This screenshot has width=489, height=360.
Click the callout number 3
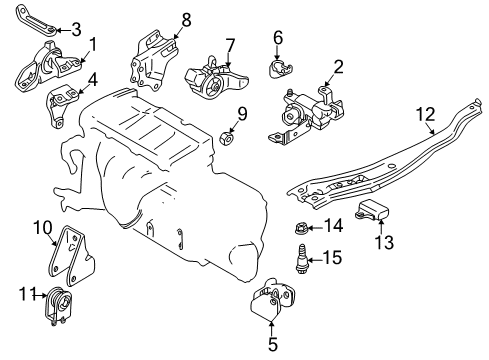click(x=76, y=30)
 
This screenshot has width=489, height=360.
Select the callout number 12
click(x=426, y=114)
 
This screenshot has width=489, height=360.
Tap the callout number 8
click(x=186, y=20)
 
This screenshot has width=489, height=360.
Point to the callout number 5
click(x=273, y=344)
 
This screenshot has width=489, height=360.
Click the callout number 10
click(x=43, y=228)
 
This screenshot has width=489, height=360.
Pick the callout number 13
click(x=384, y=242)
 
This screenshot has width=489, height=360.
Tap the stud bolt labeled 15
click(x=301, y=259)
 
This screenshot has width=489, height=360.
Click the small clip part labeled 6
click(x=280, y=68)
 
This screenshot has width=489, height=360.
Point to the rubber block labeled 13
click(x=373, y=210)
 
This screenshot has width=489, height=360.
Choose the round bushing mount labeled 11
click(x=59, y=306)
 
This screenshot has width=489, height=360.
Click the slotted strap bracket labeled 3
click(x=35, y=20)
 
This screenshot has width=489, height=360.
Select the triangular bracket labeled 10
click(x=71, y=255)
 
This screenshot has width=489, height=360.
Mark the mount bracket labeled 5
click(x=272, y=298)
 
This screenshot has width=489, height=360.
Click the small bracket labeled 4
click(x=61, y=105)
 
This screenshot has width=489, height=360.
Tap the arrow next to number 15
click(x=315, y=260)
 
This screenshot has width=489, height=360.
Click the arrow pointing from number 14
click(x=313, y=228)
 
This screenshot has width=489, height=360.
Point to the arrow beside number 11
click(x=40, y=295)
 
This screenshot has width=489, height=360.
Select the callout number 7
click(x=230, y=46)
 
